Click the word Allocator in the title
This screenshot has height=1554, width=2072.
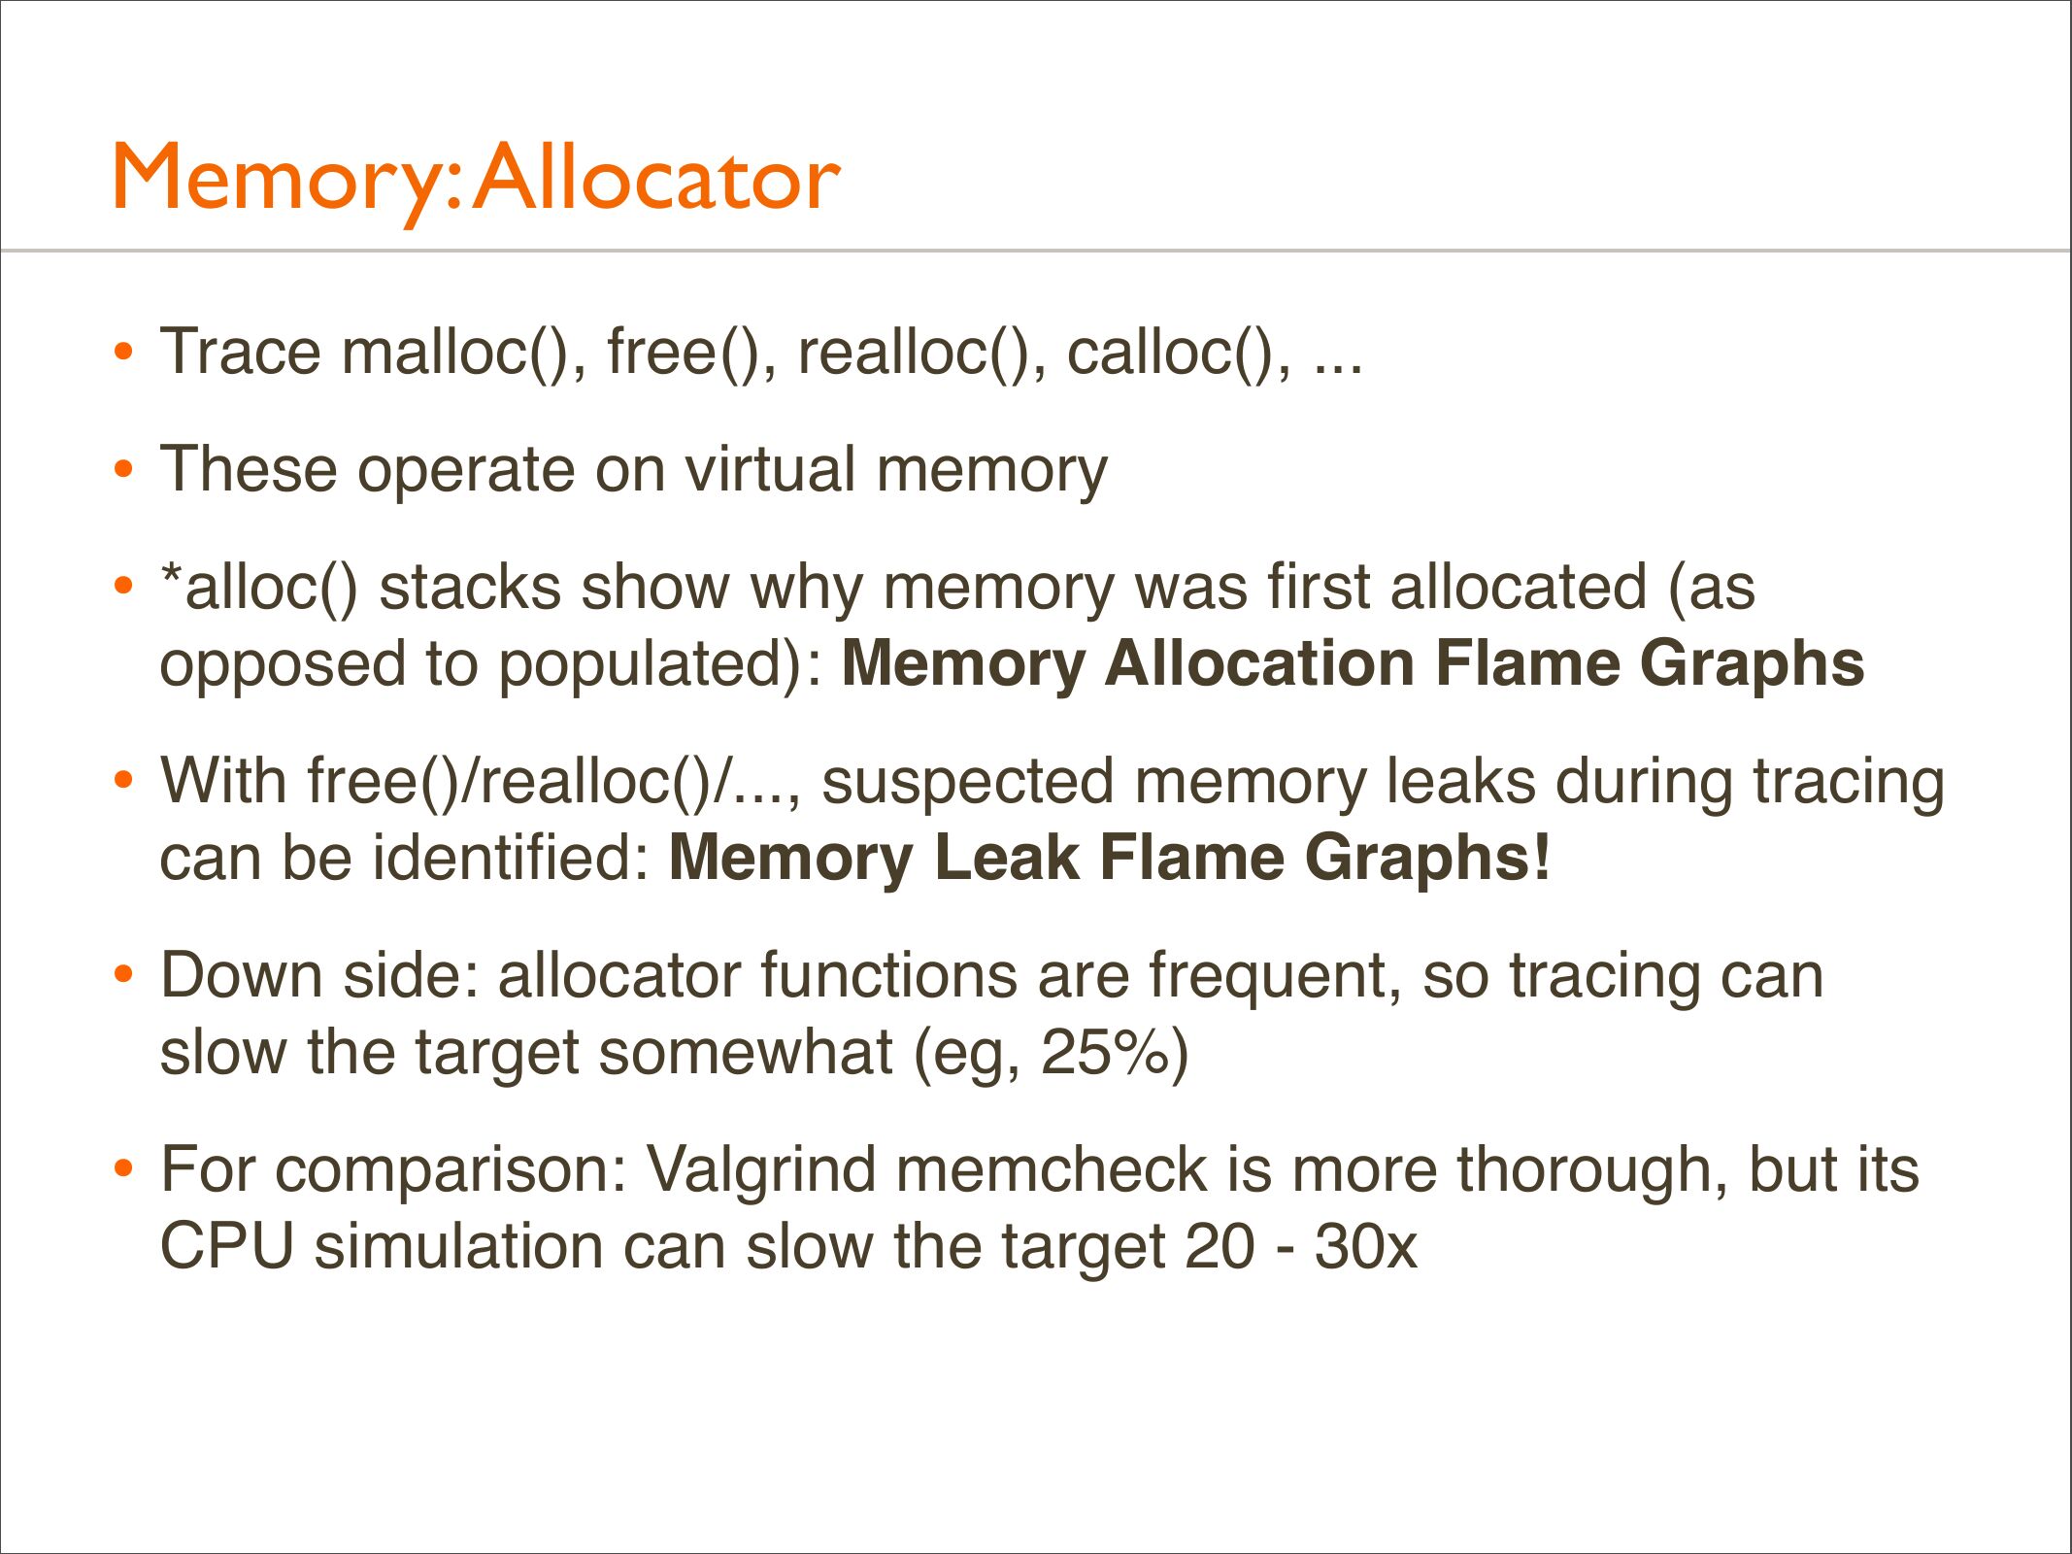(x=657, y=176)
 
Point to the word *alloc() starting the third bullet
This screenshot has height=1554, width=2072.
(x=258, y=589)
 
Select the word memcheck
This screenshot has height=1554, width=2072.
(x=1052, y=1169)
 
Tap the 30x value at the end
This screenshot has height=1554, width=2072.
(x=1366, y=1247)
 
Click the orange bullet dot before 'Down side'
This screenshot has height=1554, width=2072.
(x=122, y=974)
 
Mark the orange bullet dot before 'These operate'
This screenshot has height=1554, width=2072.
(x=122, y=469)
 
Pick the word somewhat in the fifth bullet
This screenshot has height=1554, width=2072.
(x=746, y=1053)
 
